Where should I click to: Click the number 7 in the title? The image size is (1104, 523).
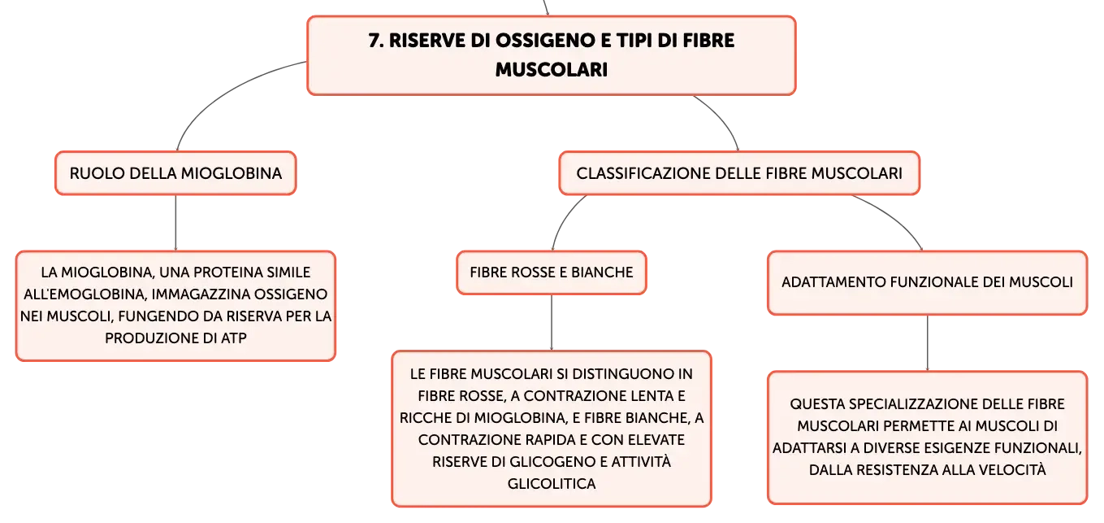point(375,41)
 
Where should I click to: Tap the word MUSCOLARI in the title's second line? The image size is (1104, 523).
point(552,70)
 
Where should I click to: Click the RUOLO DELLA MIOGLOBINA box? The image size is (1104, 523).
point(175,173)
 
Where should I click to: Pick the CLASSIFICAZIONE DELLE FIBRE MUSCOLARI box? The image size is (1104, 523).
point(739,173)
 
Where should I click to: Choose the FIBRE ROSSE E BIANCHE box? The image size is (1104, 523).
point(552,272)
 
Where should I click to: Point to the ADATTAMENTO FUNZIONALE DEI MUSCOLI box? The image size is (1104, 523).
point(927,282)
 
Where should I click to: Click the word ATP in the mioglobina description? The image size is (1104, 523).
point(234,338)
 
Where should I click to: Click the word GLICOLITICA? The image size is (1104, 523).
point(552,483)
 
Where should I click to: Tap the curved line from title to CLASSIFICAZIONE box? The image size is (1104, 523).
point(722,119)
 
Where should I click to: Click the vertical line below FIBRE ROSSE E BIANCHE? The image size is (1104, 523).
point(552,323)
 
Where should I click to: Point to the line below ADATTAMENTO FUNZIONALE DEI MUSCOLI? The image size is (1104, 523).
point(927,343)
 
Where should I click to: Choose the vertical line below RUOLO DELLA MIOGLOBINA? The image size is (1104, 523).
point(175,223)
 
